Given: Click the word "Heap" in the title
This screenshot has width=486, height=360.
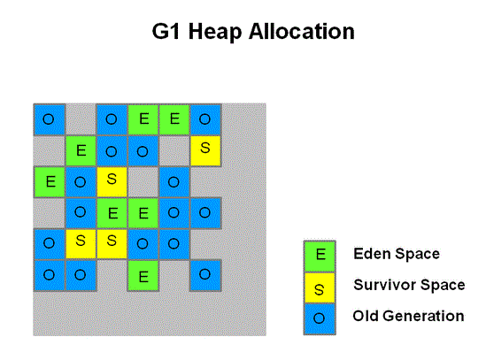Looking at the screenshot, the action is point(215,33).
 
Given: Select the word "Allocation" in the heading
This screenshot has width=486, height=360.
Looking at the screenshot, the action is point(302,32).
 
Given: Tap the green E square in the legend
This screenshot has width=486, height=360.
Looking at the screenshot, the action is point(320,257).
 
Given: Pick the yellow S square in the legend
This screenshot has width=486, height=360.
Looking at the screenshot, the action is point(320,287).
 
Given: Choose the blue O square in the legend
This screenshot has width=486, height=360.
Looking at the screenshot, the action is point(320,318).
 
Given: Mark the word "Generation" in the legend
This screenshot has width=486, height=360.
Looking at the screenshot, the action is point(425,316).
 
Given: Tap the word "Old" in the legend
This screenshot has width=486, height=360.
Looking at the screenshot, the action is point(367,316).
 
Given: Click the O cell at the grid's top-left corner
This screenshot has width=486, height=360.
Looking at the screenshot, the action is point(50,119).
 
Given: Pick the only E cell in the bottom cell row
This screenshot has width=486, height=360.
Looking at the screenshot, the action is point(143,276).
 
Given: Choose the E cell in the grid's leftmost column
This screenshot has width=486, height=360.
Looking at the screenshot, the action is point(50,182).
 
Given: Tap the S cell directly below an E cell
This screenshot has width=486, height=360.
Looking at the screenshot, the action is point(112,244).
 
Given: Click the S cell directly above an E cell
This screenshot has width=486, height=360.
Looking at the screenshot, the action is point(112,182).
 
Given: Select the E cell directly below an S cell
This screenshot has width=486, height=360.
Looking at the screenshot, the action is point(112,213).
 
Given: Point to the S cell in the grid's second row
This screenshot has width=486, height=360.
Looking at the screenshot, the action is point(205,151).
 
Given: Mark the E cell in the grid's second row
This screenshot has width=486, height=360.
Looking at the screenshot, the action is point(81,151).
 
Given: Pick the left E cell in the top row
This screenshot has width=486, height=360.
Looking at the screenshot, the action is point(143,119).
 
